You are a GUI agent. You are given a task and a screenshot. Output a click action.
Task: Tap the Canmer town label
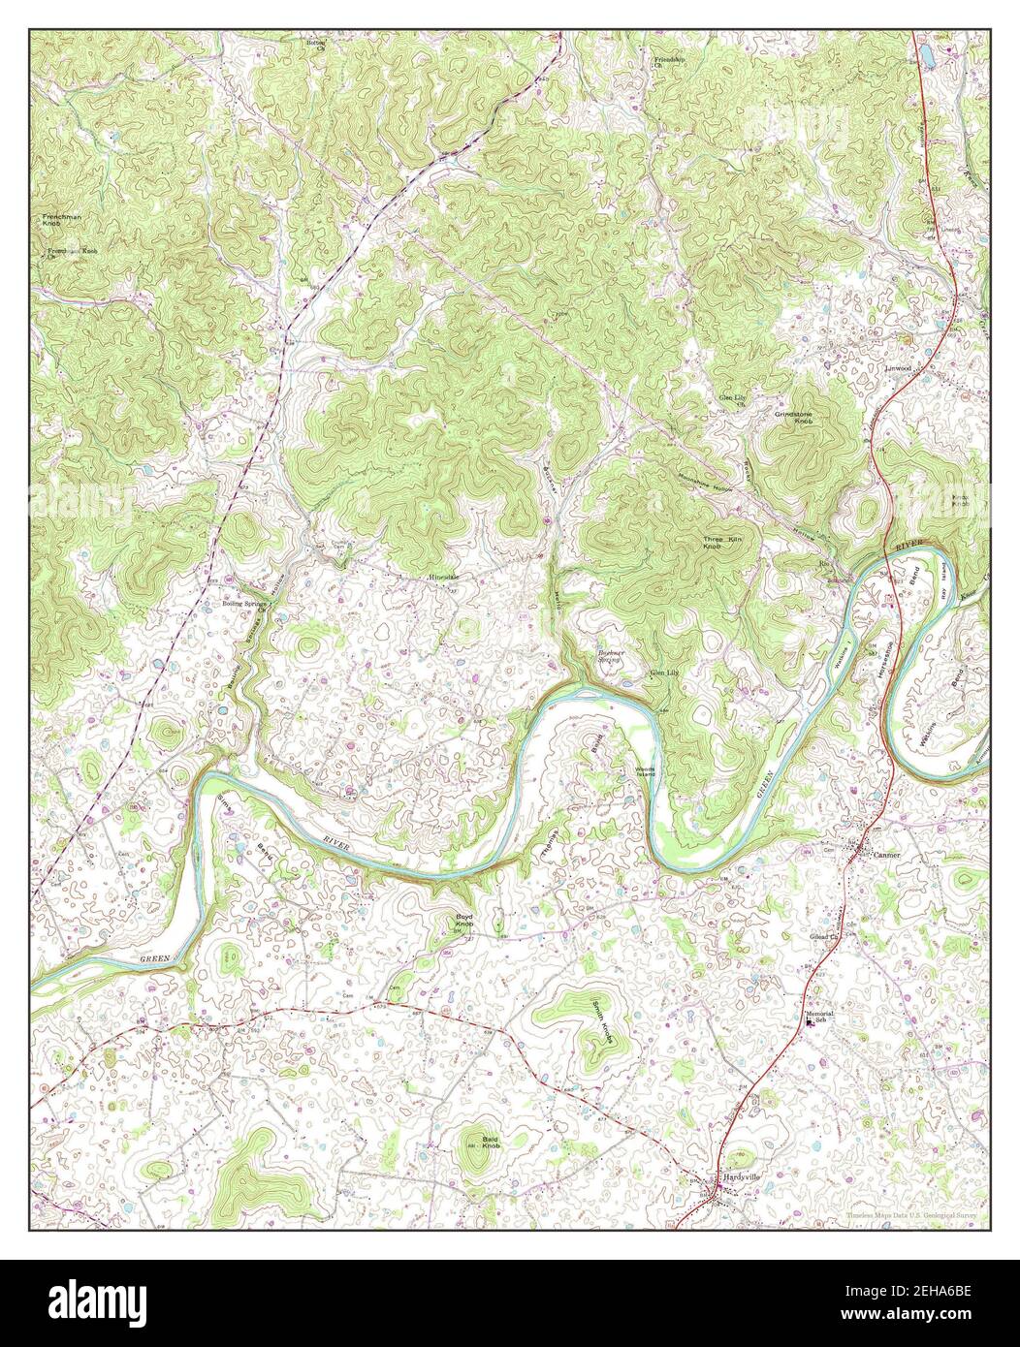(x=887, y=856)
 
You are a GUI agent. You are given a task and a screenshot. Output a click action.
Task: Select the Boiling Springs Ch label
(x=241, y=604)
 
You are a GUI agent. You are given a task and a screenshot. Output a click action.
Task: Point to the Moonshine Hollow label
(x=705, y=482)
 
